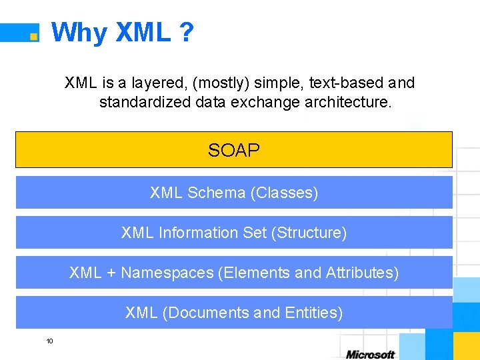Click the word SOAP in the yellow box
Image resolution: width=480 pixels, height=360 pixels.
pyautogui.click(x=233, y=151)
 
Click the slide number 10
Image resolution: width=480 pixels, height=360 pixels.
pyautogui.click(x=49, y=341)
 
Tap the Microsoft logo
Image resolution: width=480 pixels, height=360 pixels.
pyautogui.click(x=370, y=354)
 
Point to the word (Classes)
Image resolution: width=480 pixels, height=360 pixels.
pyautogui.click(x=284, y=193)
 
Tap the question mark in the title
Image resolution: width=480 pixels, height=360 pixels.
pyautogui.click(x=186, y=32)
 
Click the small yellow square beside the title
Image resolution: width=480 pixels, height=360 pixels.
pyautogui.click(x=33, y=36)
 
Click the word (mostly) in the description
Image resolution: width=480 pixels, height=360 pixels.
pyautogui.click(x=219, y=83)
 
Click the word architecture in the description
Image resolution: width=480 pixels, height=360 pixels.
pyautogui.click(x=350, y=103)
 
